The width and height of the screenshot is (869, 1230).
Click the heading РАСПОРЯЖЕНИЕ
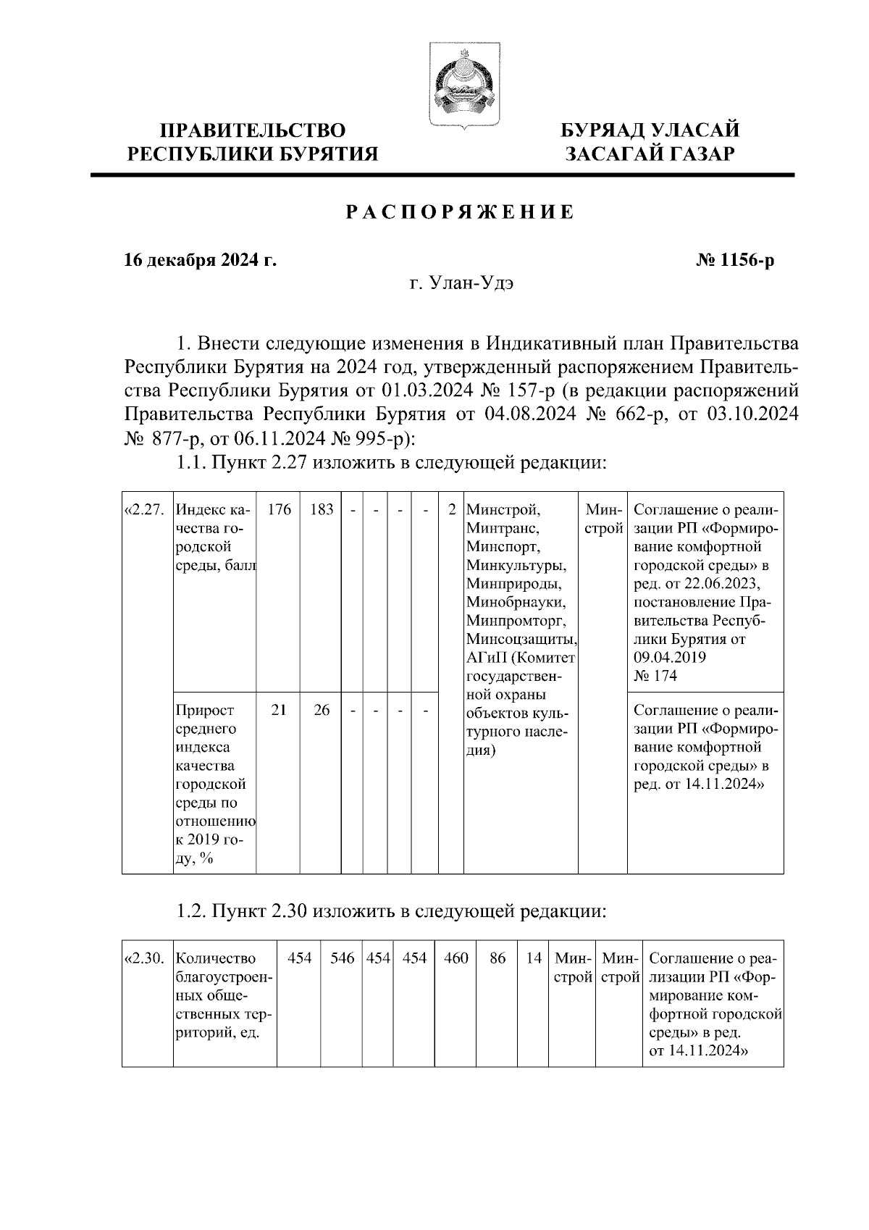[459, 212]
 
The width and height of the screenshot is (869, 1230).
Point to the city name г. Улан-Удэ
[461, 283]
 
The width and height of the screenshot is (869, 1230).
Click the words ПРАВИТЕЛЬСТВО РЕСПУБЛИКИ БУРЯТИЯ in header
[253, 142]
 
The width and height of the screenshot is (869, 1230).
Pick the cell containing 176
[279, 509]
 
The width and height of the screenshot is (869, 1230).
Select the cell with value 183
[321, 509]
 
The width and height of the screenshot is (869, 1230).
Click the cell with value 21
[279, 711]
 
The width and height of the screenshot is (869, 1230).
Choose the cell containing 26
[322, 711]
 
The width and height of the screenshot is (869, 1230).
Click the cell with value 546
[342, 958]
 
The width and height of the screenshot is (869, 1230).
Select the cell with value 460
[456, 958]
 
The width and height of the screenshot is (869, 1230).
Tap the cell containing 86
[498, 958]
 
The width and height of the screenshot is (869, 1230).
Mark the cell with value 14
[534, 958]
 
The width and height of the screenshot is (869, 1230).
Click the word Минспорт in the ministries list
[503, 546]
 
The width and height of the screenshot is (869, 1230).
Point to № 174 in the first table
[655, 676]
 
